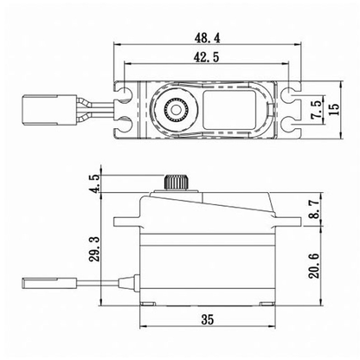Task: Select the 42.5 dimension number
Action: [x=204, y=56]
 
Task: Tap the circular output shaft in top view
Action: [x=177, y=110]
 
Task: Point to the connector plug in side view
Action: [x=40, y=281]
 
